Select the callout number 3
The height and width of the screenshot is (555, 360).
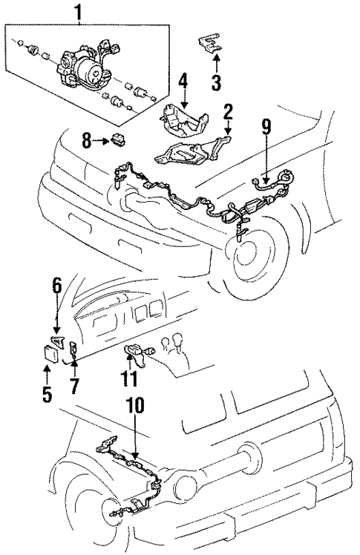click(215, 82)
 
